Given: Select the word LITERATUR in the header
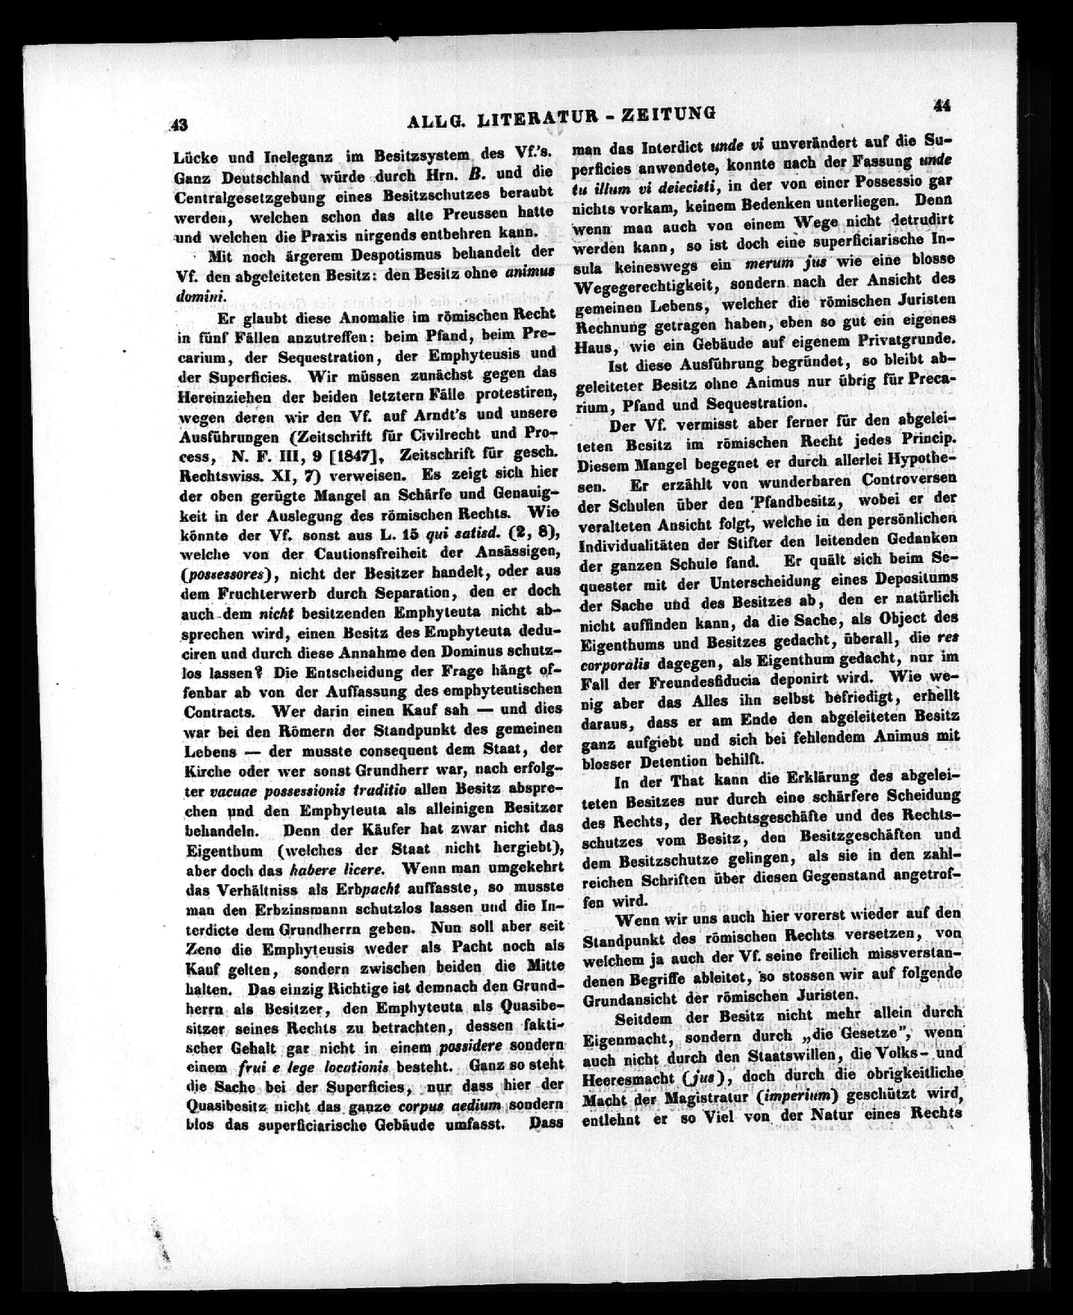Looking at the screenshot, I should click(x=520, y=118).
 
